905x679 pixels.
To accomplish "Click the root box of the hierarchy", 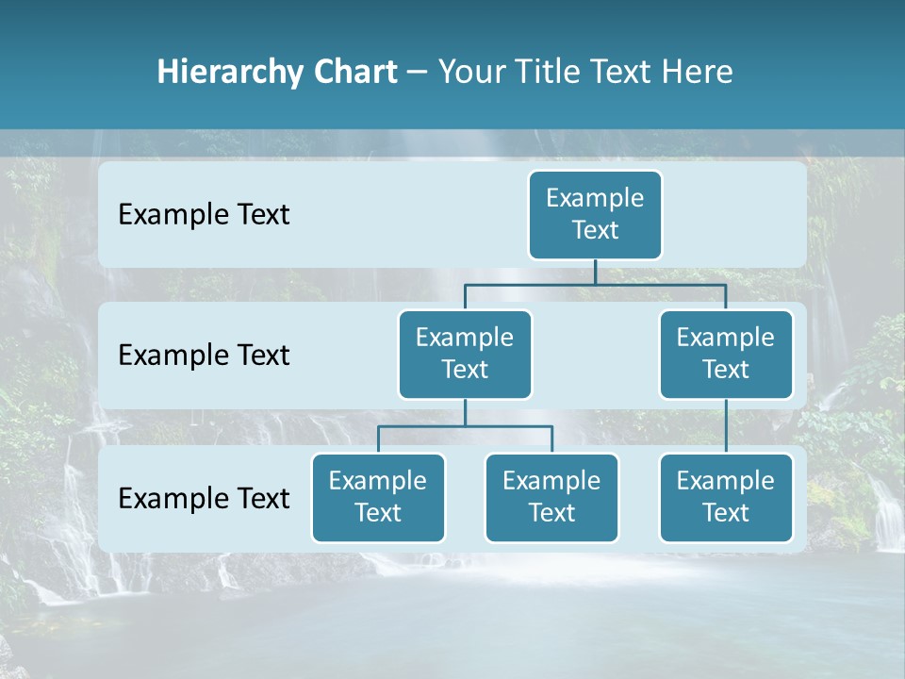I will coord(595,214).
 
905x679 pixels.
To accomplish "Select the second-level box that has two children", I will coord(465,354).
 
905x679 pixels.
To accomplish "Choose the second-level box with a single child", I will coord(726,354).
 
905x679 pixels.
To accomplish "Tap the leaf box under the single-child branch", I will coord(726,497).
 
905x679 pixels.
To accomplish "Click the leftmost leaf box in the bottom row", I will coord(378,497).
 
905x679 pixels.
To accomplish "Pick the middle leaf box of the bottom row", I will coord(551,497).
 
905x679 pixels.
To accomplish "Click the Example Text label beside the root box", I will coord(204,215).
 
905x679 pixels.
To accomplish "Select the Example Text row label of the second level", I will coord(204,356).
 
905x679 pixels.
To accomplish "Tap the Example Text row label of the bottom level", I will coord(204,498).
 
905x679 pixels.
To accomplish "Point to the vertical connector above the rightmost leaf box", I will coord(726,426).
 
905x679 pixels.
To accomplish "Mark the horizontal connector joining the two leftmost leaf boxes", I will coord(465,426).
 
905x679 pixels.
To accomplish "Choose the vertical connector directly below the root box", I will coord(595,272).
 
